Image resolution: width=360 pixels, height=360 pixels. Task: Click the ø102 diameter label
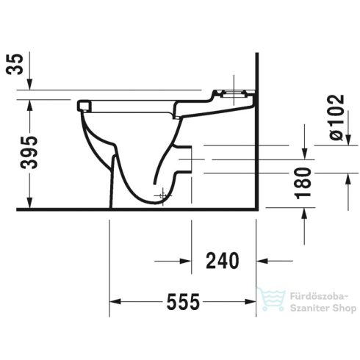click(334, 118)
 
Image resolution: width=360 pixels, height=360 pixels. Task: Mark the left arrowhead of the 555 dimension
click(115, 301)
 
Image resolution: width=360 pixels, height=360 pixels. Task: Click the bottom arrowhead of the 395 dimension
click(29, 204)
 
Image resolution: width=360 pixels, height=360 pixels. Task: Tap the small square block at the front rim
click(82, 105)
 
